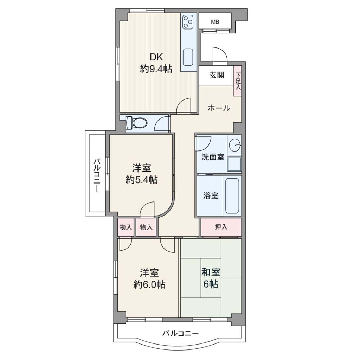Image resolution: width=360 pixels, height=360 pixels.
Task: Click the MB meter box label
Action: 215,22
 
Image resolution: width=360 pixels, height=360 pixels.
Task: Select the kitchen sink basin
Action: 188,57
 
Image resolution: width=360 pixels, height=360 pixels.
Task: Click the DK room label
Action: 156,57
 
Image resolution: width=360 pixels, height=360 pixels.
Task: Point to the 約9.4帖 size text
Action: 156,69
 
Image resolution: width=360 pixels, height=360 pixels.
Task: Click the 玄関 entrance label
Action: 217,75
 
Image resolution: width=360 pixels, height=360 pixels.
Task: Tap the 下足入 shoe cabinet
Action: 238,81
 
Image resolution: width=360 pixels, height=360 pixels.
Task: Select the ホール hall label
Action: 219,108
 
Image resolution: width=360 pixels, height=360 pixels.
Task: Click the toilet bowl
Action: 136,123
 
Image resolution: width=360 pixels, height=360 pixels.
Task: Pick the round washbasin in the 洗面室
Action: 234,145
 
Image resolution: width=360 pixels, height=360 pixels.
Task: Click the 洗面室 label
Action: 213,157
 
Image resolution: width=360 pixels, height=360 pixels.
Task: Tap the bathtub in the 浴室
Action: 232,196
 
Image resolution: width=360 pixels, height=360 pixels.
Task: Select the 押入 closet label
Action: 221,227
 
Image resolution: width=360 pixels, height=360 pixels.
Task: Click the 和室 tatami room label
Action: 211,272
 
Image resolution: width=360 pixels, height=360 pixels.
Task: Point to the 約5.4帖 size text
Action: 142,180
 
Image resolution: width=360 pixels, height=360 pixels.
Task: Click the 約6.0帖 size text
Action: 149,284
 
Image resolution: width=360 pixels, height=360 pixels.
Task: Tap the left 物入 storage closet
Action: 126,227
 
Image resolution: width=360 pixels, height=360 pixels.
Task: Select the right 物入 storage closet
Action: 146,227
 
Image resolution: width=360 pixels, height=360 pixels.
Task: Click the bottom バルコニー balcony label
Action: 180,333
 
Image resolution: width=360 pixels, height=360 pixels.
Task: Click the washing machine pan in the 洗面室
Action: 234,164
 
